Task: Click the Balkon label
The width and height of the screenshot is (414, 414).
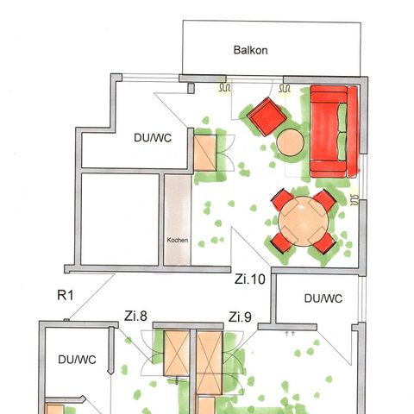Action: point(251,50)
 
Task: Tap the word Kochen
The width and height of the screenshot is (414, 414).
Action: point(177,240)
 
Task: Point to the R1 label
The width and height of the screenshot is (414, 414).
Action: point(66,296)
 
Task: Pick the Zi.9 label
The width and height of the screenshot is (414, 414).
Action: point(240,317)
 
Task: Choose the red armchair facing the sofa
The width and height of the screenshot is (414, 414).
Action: point(265,116)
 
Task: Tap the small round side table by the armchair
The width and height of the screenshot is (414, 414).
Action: point(290,142)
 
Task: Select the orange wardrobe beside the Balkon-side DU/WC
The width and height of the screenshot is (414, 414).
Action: point(205,153)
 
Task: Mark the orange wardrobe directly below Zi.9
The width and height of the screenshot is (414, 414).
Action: point(210,361)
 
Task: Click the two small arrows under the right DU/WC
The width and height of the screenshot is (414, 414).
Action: point(290,330)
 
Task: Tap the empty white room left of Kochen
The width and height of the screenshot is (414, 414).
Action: point(120,219)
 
